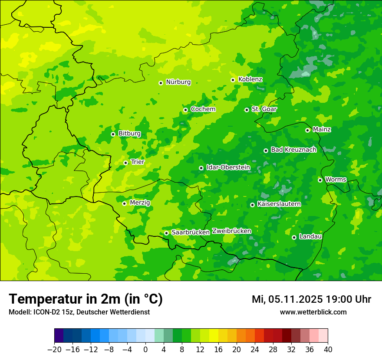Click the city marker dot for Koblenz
pyautogui.click(x=233, y=80)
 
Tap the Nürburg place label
pyautogui.click(x=178, y=82)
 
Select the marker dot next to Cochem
pyautogui.click(x=186, y=110)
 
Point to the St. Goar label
pyautogui.click(x=264, y=109)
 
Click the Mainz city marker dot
pyautogui.click(x=308, y=130)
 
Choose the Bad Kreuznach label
pyautogui.click(x=293, y=150)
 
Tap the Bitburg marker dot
pyautogui.click(x=113, y=134)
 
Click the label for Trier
pyautogui.click(x=137, y=162)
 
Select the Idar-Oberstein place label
pyautogui.click(x=228, y=167)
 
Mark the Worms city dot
pyautogui.click(x=320, y=180)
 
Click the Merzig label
pyautogui.click(x=140, y=203)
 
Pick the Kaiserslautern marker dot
pyautogui.click(x=253, y=205)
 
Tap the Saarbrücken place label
pyautogui.click(x=190, y=232)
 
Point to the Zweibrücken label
pyautogui.click(x=231, y=231)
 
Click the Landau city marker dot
pyautogui.click(x=294, y=237)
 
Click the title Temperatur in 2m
pyautogui.click(x=86, y=299)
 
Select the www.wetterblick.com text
pyautogui.click(x=313, y=312)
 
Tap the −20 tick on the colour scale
pyautogui.click(x=55, y=350)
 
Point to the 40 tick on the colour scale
pyautogui.click(x=328, y=350)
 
